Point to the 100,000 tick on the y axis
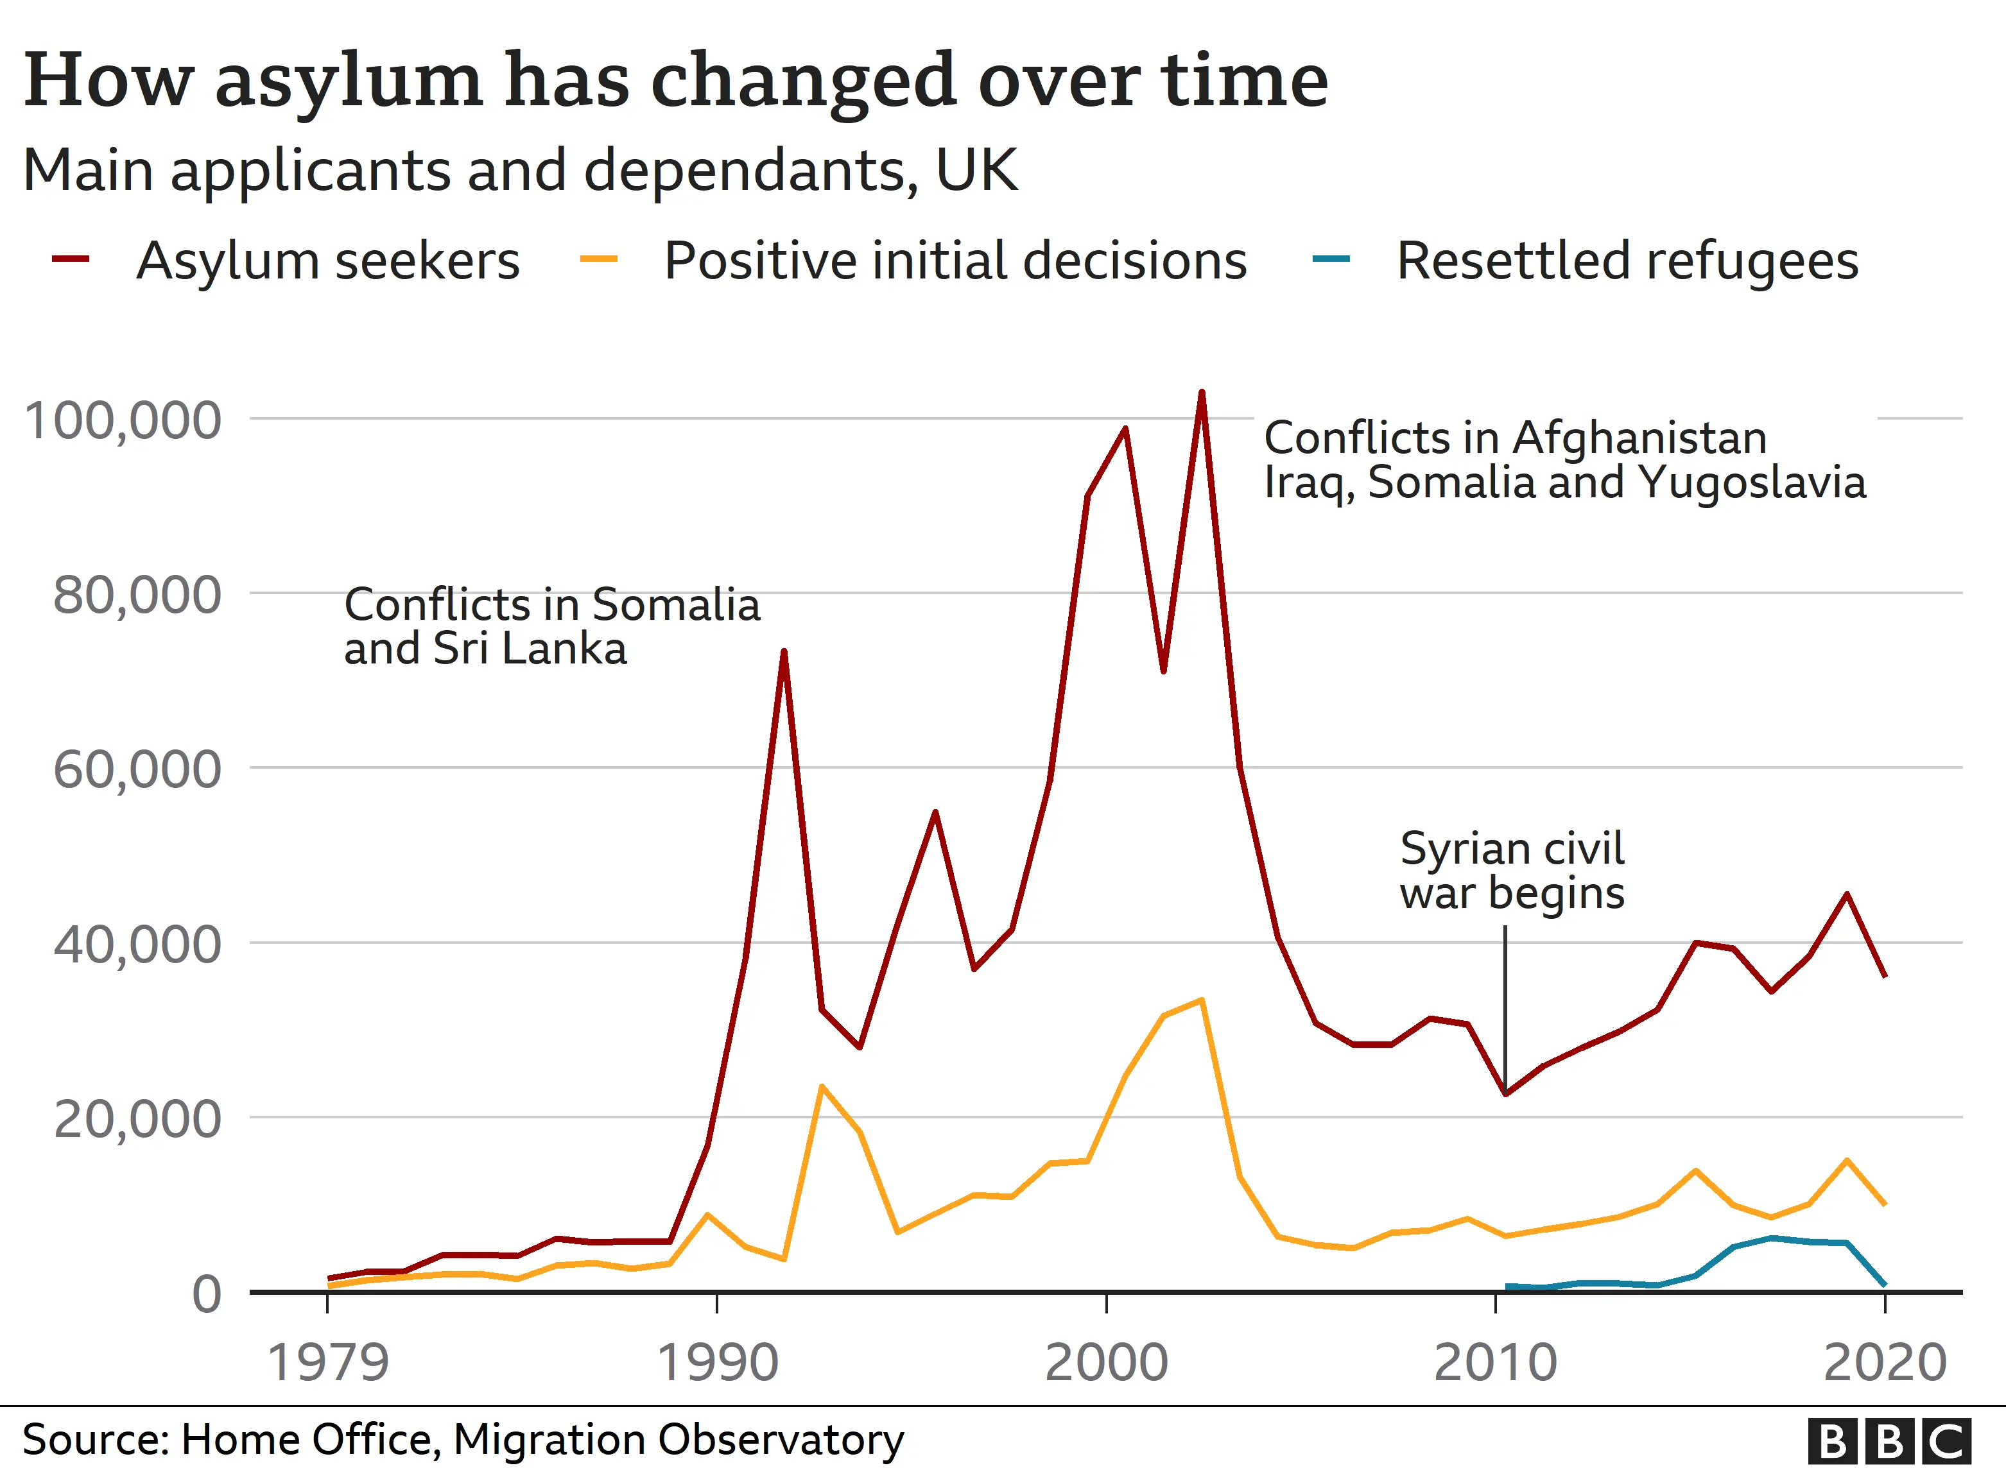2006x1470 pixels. pyautogui.click(x=123, y=420)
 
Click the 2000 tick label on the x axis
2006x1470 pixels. pyautogui.click(x=1105, y=1362)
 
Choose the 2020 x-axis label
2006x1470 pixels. pyautogui.click(x=1885, y=1362)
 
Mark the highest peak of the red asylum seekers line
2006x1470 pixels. pyautogui.click(x=1202, y=393)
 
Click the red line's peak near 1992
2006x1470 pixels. pyautogui.click(x=783, y=653)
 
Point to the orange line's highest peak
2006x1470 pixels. pyautogui.click(x=1202, y=1000)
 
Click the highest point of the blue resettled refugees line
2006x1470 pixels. pyautogui.click(x=1772, y=1238)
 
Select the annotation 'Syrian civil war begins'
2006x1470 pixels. pyautogui.click(x=1511, y=870)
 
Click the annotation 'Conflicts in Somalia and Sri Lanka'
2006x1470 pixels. pyautogui.click(x=552, y=626)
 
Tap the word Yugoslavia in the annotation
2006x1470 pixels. pyautogui.click(x=1751, y=483)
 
